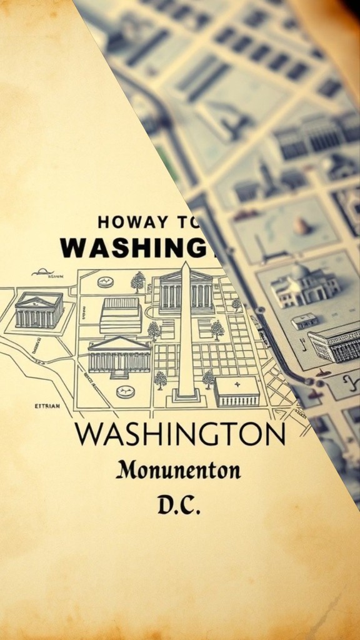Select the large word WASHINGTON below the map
pyautogui.click(x=179, y=434)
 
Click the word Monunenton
pyautogui.click(x=178, y=470)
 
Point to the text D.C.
pyautogui.click(x=179, y=505)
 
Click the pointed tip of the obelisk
pyautogui.click(x=185, y=265)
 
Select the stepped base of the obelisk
pyautogui.click(x=186, y=394)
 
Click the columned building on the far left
pyautogui.click(x=39, y=309)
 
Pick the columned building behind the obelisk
pyautogui.click(x=186, y=291)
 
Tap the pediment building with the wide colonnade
pyautogui.click(x=119, y=355)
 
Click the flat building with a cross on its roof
pyautogui.click(x=236, y=391)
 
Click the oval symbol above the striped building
pyautogui.click(x=106, y=282)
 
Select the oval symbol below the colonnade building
pyautogui.click(x=126, y=392)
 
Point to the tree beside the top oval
pyautogui.click(x=138, y=281)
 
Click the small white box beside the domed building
pyautogui.click(x=304, y=321)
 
